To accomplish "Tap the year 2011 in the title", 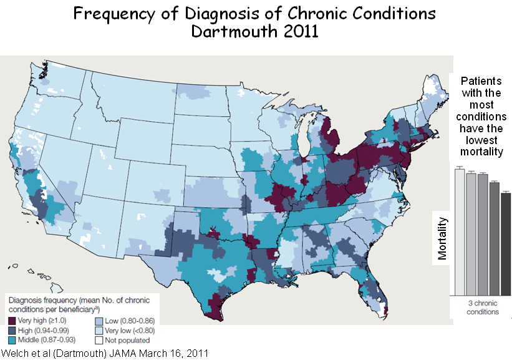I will (x=295, y=31).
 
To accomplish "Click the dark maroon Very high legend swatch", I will (x=13, y=319).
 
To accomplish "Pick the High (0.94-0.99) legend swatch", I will (x=13, y=330).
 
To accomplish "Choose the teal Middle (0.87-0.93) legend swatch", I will (x=13, y=341).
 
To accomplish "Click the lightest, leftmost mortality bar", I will (x=460, y=231).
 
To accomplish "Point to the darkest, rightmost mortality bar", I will (x=505, y=243).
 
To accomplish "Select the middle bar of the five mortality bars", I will (x=482, y=235).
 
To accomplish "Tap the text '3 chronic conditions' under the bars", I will (x=483, y=308).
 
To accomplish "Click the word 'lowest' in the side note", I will (x=482, y=140).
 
